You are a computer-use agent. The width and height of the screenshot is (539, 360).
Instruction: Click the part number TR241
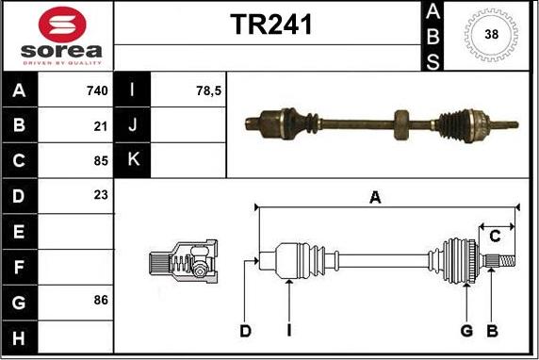271,25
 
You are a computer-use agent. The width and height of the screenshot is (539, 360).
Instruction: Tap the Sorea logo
57,35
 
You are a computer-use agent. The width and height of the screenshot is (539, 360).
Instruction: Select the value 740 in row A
96,91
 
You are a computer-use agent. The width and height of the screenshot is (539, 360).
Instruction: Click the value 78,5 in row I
207,91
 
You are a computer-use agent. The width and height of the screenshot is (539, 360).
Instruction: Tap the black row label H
18,335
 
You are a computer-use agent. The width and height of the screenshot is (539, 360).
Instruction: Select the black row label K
131,160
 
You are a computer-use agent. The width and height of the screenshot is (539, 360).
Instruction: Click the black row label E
18,230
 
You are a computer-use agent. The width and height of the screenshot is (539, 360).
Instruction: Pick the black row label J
131,125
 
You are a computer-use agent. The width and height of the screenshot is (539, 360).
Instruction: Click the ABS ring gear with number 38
490,36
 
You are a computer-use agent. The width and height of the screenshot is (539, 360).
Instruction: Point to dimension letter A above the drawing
375,197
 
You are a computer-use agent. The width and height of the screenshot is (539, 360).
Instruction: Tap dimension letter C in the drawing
494,236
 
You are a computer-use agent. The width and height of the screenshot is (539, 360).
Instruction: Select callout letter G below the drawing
465,330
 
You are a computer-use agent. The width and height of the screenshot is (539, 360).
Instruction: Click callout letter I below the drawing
289,330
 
